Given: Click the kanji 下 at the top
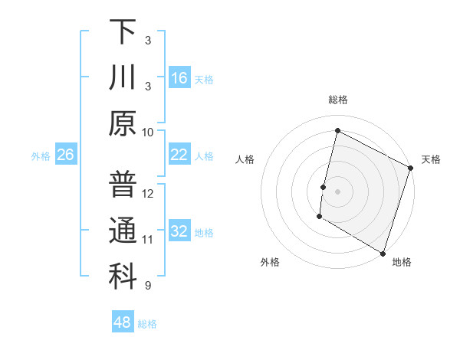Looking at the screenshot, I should tap(123, 32).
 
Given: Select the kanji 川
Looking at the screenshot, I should tap(123, 78).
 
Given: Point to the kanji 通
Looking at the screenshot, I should tap(123, 231).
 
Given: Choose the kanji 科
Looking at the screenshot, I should tap(123, 277).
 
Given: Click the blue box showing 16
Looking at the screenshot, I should tap(179, 78).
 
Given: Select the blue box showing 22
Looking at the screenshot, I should tap(179, 155).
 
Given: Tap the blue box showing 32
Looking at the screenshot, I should tap(179, 231).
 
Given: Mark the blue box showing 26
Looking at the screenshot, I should tap(66, 155).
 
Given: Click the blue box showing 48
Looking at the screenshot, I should tap(122, 322).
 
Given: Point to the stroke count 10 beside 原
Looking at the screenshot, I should tap(148, 132).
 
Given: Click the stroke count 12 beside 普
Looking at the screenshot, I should tap(148, 193).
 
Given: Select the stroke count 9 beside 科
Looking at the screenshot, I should tap(148, 286).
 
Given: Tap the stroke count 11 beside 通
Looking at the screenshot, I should tap(148, 240).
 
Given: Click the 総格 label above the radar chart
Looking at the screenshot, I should tap(337, 100).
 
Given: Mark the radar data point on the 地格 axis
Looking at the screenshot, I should tap(383, 253).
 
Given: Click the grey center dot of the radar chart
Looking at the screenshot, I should tap(337, 191).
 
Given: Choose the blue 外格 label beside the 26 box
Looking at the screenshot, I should tap(41, 156).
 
